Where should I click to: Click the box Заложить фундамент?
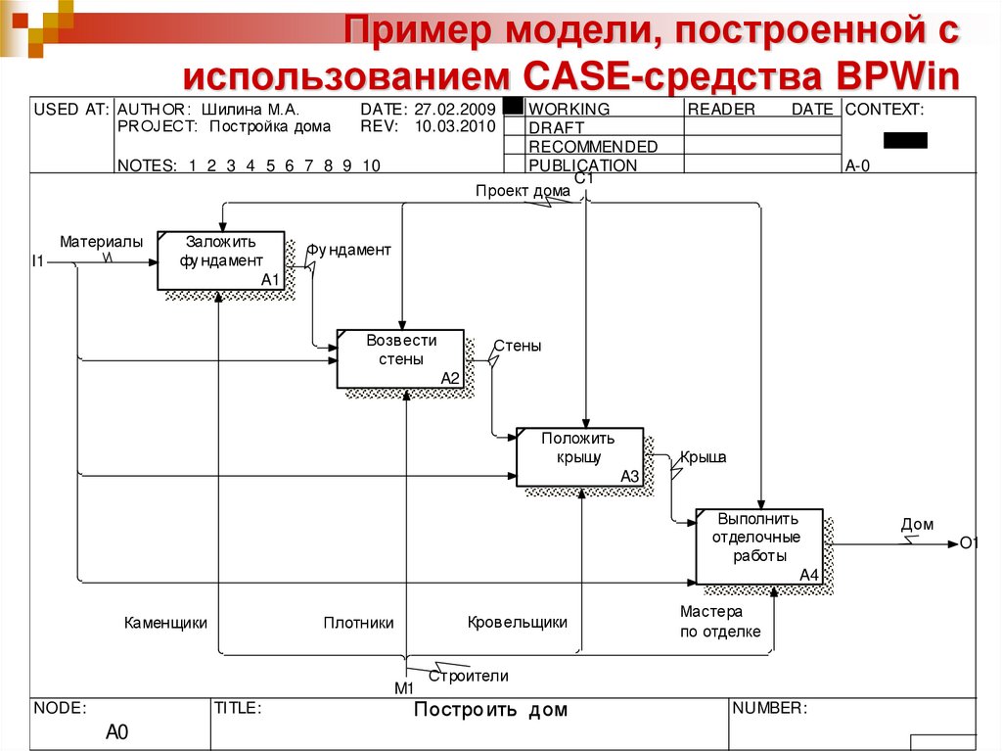click(x=221, y=260)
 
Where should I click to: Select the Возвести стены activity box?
click(x=401, y=358)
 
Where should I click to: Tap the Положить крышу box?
click(x=579, y=456)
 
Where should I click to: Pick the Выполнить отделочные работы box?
click(x=759, y=546)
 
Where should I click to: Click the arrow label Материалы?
click(x=101, y=241)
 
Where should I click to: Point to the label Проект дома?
click(x=516, y=191)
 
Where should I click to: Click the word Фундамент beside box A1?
click(x=349, y=250)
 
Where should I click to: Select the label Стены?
click(x=517, y=346)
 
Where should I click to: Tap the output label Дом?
click(x=917, y=525)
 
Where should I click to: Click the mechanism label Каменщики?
click(x=165, y=622)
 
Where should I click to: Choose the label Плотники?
click(x=358, y=622)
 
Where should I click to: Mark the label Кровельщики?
click(x=517, y=622)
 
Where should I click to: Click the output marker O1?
click(x=969, y=543)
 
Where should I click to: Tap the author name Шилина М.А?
click(x=250, y=110)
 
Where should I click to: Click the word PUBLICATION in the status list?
click(x=582, y=165)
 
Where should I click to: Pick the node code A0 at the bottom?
click(x=116, y=732)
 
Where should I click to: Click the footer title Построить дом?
click(x=490, y=710)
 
